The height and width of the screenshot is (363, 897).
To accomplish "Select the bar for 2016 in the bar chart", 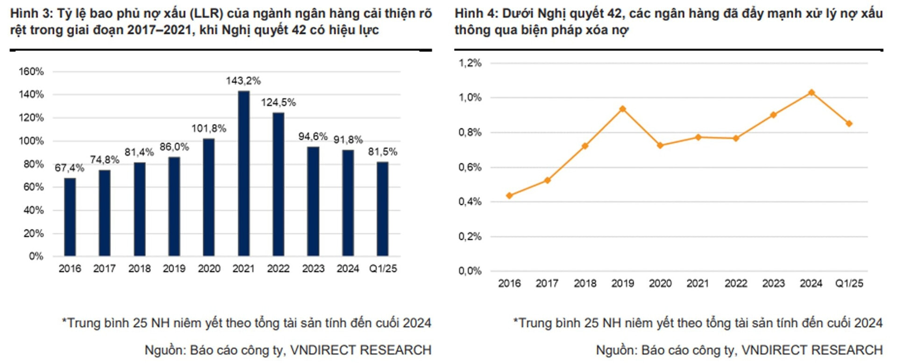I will point(70,217).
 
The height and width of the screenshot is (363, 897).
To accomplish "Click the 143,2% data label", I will point(243,81).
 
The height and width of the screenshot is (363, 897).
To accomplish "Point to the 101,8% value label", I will point(209,128).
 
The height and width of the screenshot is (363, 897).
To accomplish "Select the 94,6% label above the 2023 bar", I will point(313,136).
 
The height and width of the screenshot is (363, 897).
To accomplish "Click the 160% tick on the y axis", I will point(31,71).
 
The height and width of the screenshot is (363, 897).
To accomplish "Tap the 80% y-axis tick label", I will point(34,164).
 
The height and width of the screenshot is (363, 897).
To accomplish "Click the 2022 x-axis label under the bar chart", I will point(278,269).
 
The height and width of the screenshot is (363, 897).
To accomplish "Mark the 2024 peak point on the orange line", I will point(812,93).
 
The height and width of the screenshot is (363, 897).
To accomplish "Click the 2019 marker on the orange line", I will point(622,109).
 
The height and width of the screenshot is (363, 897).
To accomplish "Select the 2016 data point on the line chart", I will point(509,196).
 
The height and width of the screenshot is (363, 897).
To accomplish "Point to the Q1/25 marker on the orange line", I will point(849,124).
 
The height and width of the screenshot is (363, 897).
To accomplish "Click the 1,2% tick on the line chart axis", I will point(470,63).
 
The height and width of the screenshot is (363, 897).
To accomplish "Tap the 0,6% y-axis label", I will point(470,167).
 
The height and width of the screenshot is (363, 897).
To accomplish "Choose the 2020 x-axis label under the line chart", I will point(660,284).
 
